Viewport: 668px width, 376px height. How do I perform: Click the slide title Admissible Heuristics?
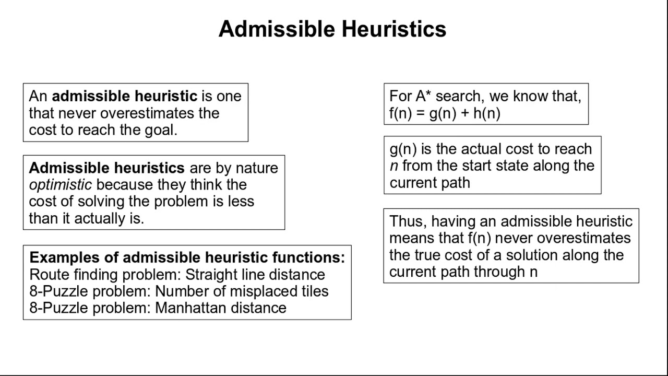[x=332, y=29]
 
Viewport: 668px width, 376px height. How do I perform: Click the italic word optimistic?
[x=60, y=185]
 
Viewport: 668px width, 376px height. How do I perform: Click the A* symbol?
[x=423, y=97]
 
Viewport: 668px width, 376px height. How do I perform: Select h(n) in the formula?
[x=486, y=113]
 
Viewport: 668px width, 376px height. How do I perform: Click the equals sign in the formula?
[x=421, y=114]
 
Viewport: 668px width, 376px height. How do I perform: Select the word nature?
[x=257, y=168]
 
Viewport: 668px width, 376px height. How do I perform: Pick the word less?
[x=240, y=202]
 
